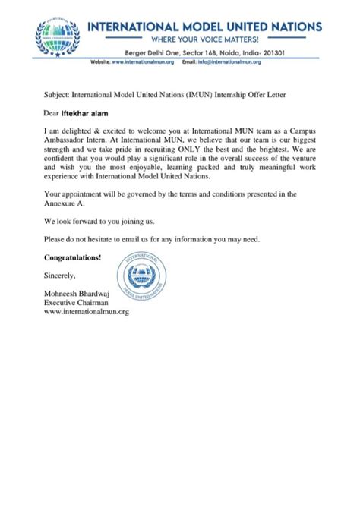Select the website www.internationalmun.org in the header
pos(143,61)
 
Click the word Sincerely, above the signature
pos(60,274)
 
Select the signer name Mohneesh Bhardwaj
pos(81,292)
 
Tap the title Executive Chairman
pos(77,301)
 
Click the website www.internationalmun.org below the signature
pos(87,310)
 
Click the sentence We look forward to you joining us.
pos(99,221)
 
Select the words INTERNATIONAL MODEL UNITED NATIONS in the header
pos(204,25)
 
